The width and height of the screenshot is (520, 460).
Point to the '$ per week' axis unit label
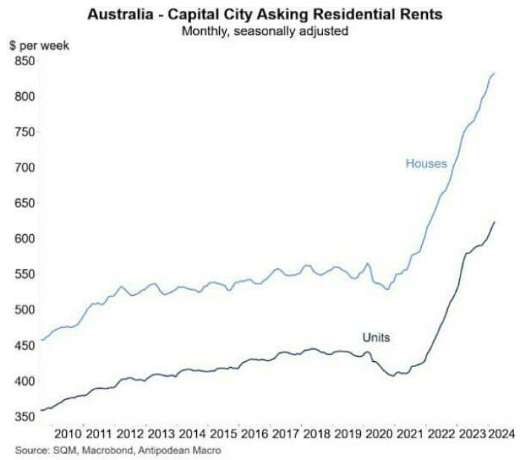coord(39,46)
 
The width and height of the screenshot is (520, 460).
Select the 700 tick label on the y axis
coord(24,168)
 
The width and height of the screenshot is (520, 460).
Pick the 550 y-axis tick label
coord(24,274)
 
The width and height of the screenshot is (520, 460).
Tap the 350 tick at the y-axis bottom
coord(24,417)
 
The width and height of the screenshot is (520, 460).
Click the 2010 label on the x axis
coord(68,433)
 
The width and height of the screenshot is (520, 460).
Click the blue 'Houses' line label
coord(426,163)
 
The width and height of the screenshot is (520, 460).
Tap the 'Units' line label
coord(376,337)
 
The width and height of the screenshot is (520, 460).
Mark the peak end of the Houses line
coord(495,73)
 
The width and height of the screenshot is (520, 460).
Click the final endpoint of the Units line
coord(495,221)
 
